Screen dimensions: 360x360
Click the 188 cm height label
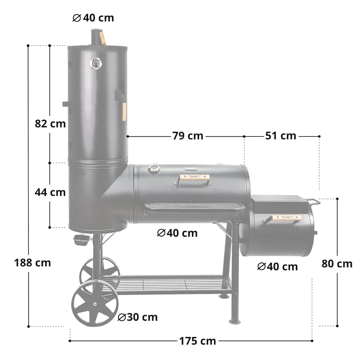pyautogui.click(x=32, y=262)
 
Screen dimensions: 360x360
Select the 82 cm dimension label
pyautogui.click(x=50, y=123)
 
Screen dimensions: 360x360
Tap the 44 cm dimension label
pyautogui.click(x=50, y=192)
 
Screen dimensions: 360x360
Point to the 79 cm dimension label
pyautogui.click(x=187, y=135)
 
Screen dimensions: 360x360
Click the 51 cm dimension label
pyautogui.click(x=280, y=135)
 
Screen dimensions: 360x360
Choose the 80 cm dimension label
pyautogui.click(x=337, y=264)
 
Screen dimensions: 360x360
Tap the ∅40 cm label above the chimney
pyautogui.click(x=93, y=18)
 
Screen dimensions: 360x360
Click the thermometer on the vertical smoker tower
pyautogui.click(x=96, y=64)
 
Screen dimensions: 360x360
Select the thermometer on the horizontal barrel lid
pyautogui.click(x=154, y=169)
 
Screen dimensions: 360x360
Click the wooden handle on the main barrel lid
pyautogui.click(x=194, y=177)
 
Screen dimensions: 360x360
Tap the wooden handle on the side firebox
pyautogui.click(x=287, y=217)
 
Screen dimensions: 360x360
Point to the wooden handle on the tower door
pyautogui.click(x=124, y=111)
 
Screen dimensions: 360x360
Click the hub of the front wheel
pyautogui.click(x=94, y=304)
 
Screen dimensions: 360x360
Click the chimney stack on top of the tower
pyautogui.click(x=96, y=37)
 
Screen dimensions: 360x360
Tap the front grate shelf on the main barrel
pyautogui.click(x=194, y=206)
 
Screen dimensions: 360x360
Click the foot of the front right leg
pyautogui.click(x=234, y=321)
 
